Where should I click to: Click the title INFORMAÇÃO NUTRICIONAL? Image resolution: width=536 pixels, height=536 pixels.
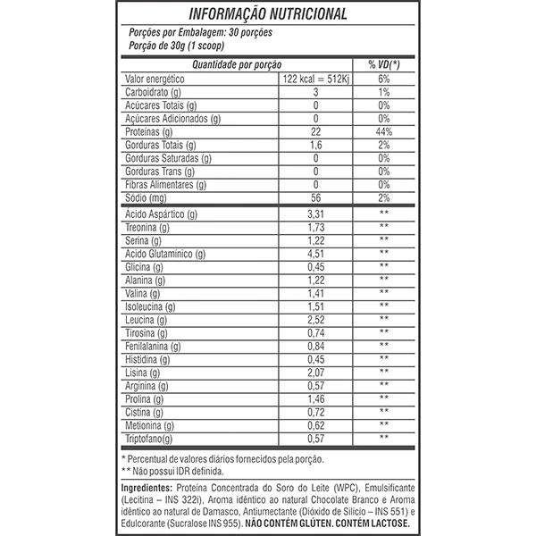[x=268, y=14]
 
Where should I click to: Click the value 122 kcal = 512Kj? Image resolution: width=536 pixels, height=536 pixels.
[x=315, y=79]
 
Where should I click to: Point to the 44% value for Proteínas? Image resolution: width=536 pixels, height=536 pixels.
[x=384, y=131]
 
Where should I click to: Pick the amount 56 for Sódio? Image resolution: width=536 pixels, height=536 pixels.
[x=315, y=197]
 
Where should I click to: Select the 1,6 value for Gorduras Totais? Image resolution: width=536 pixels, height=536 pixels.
[x=315, y=145]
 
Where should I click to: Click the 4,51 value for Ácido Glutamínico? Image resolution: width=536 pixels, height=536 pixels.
[x=315, y=253]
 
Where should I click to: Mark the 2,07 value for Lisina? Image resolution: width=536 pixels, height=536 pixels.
[x=315, y=371]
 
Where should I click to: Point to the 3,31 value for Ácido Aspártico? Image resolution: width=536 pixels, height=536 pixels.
[x=315, y=214]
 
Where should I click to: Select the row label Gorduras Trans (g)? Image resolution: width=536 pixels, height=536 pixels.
[x=166, y=171]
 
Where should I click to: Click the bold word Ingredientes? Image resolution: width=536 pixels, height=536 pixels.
[x=147, y=489]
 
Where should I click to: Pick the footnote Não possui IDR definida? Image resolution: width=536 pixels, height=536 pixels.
[x=180, y=471]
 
